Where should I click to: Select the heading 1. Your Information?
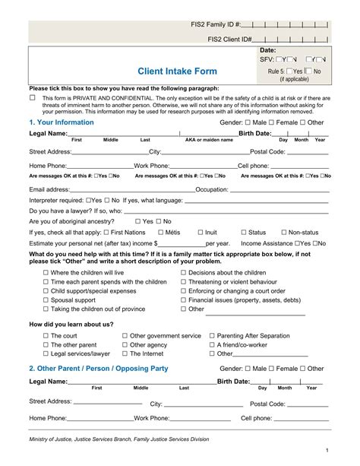pos(62,122)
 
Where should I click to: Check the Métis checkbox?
pos(161,232)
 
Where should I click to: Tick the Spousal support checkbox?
pos(46,300)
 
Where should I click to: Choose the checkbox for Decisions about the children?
pos(184,272)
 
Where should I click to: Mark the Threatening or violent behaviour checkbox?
pos(184,281)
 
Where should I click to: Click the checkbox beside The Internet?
pos(125,353)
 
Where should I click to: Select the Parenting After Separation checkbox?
pos(212,335)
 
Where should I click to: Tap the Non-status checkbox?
pos(283,232)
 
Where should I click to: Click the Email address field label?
pos(54,189)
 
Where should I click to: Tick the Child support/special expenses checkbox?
pos(46,291)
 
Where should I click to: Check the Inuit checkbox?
pos(201,232)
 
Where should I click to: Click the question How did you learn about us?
pos(71,324)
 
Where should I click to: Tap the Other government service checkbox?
pos(125,335)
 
